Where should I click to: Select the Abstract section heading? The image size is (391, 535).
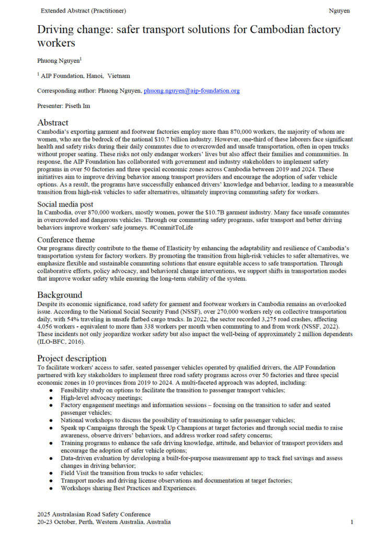[53, 122]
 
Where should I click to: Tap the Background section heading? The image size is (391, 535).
[60, 295]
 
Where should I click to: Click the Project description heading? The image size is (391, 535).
[72, 358]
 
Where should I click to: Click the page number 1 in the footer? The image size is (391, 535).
[352, 521]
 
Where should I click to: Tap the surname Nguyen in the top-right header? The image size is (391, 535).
[339, 10]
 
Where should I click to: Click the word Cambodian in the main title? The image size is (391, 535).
[283, 29]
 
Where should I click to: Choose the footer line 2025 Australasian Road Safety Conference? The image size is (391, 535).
[94, 514]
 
